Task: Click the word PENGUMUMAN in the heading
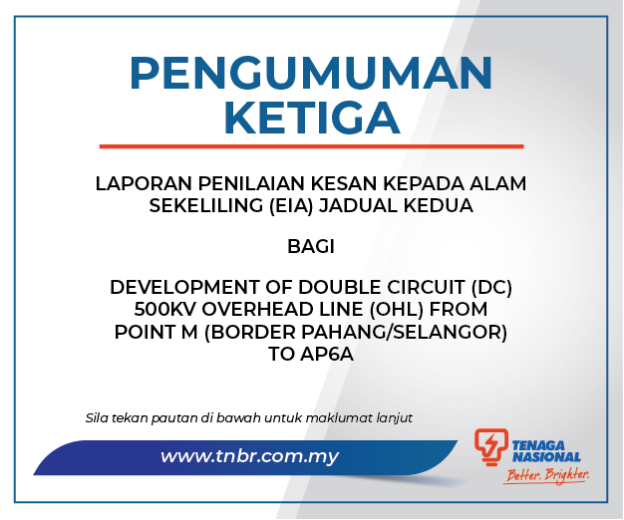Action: [x=311, y=74]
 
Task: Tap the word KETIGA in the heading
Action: [x=312, y=119]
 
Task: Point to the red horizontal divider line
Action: [x=311, y=146]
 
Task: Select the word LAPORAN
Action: [x=144, y=183]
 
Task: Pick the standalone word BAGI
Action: [x=311, y=247]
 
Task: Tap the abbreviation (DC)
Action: [x=491, y=288]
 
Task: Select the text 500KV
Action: [x=164, y=309]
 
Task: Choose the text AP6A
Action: [x=327, y=354]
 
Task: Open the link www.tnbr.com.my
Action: [x=249, y=456]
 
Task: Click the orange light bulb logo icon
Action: [x=491, y=446]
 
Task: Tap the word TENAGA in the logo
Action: [x=538, y=445]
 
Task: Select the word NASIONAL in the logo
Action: [x=546, y=457]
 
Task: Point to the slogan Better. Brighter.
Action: [x=547, y=475]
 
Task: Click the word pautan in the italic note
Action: [x=173, y=418]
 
